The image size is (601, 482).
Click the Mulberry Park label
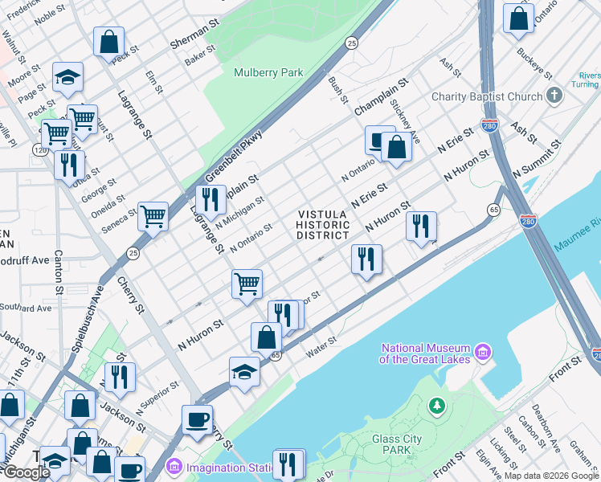(268, 72)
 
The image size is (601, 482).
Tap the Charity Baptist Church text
(487, 96)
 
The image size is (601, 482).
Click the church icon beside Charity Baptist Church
(554, 96)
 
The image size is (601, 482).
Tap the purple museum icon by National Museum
(482, 352)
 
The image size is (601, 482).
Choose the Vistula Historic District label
(324, 225)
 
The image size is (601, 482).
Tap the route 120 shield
(40, 150)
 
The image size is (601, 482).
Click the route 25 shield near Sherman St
(351, 43)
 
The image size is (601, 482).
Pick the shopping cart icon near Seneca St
(153, 215)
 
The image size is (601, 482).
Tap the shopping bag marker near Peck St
(108, 41)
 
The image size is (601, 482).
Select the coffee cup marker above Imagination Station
(197, 419)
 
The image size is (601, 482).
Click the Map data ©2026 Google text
(551, 476)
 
